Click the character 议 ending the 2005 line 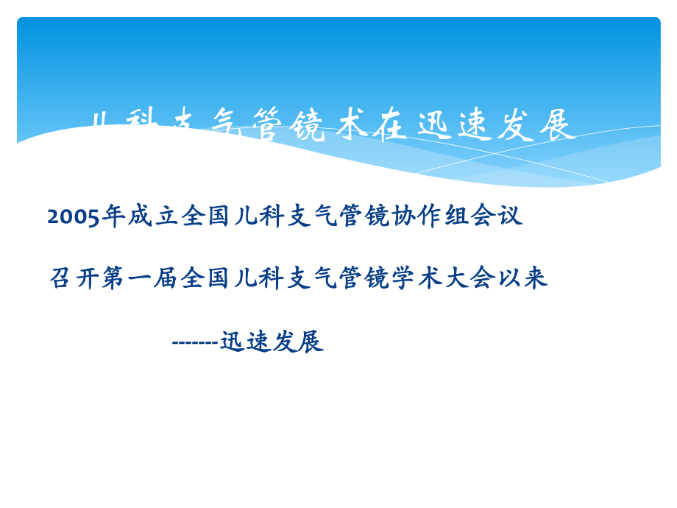(511, 216)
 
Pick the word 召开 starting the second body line (74, 279)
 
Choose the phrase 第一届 (140, 279)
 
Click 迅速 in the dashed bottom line (245, 342)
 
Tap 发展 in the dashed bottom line (297, 342)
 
